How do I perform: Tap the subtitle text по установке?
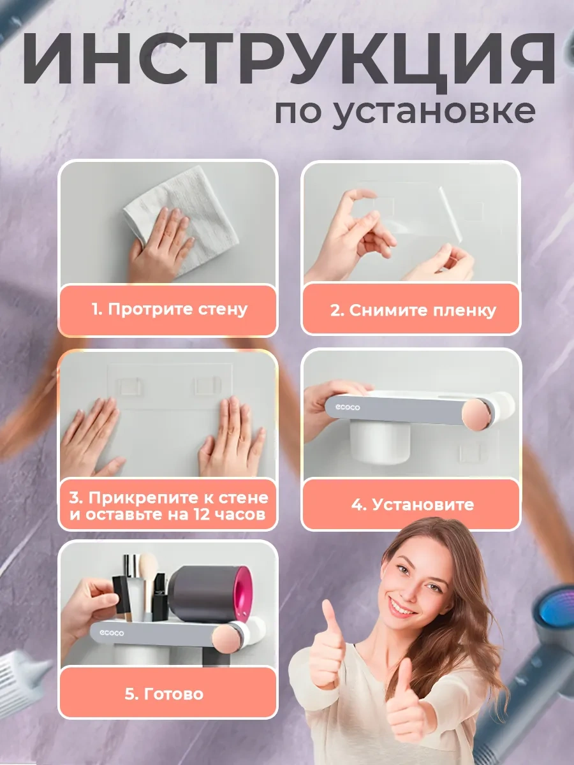pyautogui.click(x=404, y=111)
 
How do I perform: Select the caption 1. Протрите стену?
pyautogui.click(x=168, y=310)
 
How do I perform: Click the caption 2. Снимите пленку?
pyautogui.click(x=413, y=311)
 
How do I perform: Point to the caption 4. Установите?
pyautogui.click(x=413, y=505)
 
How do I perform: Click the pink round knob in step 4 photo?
pyautogui.click(x=480, y=415)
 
